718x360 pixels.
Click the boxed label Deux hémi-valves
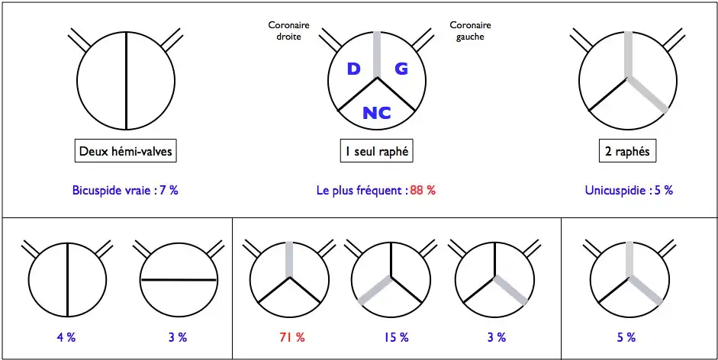pyautogui.click(x=126, y=152)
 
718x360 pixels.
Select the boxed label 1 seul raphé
pyautogui.click(x=376, y=152)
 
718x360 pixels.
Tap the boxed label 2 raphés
pyautogui.click(x=627, y=152)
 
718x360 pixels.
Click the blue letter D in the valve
pyautogui.click(x=353, y=69)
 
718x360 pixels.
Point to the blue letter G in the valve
pyautogui.click(x=401, y=69)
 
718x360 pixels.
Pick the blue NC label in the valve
pyautogui.click(x=377, y=113)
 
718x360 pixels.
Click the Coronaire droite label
pyautogui.click(x=284, y=31)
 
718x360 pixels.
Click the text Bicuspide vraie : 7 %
pyautogui.click(x=126, y=191)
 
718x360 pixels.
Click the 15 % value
pyautogui.click(x=393, y=336)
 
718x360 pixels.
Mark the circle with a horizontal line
pyautogui.click(x=177, y=279)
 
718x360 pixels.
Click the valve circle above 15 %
pyautogui.click(x=392, y=279)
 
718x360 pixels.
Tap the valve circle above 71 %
pyautogui.click(x=289, y=279)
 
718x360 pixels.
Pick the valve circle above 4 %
pyautogui.click(x=68, y=279)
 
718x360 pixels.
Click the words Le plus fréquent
pyautogui.click(x=361, y=191)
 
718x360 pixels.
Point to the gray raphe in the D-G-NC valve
pyautogui.click(x=377, y=53)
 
